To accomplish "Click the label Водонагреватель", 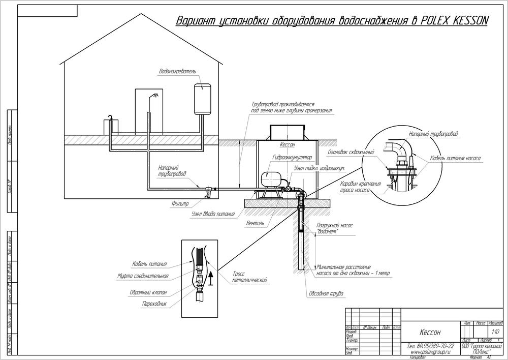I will [177, 71].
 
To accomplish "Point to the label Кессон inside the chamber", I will [288, 144].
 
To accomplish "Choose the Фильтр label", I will [180, 203].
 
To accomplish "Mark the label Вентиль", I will [255, 223].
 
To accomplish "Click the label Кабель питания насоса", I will [455, 158].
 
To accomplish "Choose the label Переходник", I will [155, 304].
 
